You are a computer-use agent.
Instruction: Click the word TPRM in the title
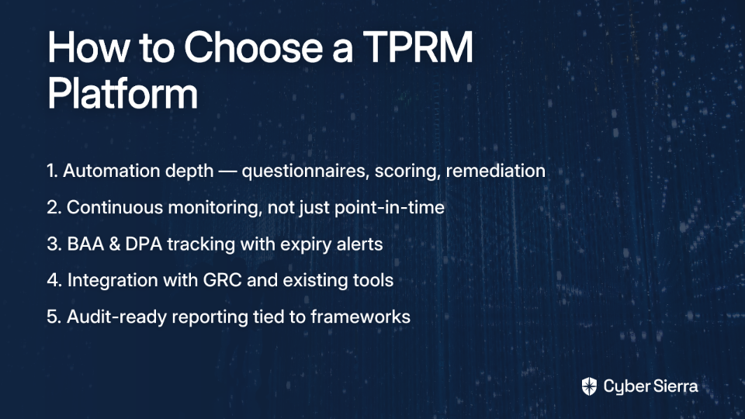click(x=418, y=47)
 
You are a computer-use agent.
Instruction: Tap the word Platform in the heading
click(x=123, y=93)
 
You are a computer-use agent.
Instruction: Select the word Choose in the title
click(x=254, y=47)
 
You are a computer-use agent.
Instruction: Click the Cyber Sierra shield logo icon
click(x=589, y=386)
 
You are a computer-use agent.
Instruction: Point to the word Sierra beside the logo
click(x=674, y=386)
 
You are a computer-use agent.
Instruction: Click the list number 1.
click(x=52, y=171)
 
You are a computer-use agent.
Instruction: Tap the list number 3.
click(x=54, y=244)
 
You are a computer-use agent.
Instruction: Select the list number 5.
click(x=54, y=317)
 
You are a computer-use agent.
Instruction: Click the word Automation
click(x=112, y=171)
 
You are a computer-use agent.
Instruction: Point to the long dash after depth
click(x=227, y=171)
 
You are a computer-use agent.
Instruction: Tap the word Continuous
click(x=115, y=208)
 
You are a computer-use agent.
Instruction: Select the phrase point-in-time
click(x=390, y=208)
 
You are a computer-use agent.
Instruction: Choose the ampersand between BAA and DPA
click(x=115, y=244)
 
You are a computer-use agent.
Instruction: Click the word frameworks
click(x=360, y=317)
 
